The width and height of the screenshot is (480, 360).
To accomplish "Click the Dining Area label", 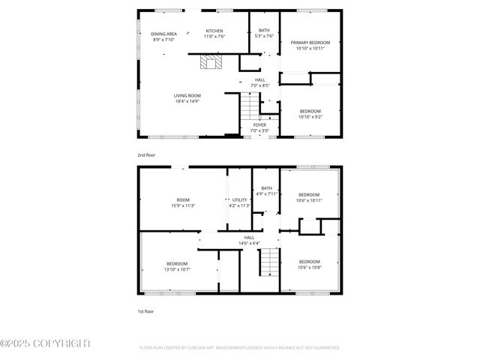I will [163, 34].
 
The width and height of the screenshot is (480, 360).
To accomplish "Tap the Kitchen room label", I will [214, 31].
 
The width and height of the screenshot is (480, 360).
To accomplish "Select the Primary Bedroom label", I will [310, 43].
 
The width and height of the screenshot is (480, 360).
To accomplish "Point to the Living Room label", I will [187, 95].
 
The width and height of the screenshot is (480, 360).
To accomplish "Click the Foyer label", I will [259, 125].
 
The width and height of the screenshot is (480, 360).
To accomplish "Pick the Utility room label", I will [239, 199].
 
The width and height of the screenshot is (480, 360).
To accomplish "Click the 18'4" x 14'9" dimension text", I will [187, 100].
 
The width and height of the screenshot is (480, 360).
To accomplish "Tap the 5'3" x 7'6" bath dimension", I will [264, 36].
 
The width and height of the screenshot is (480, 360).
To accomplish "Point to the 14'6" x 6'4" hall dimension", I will [248, 243].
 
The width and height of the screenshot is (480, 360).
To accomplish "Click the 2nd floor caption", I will [146, 155].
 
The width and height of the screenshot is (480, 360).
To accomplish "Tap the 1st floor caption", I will [145, 310].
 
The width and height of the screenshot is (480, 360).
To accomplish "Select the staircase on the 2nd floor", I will [249, 109].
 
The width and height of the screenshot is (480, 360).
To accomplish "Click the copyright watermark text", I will [45, 343].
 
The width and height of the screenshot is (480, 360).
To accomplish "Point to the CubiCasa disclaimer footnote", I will [239, 348].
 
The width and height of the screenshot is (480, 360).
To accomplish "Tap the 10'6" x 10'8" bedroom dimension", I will [309, 268].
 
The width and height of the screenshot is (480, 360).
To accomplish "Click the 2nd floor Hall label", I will [259, 80].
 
